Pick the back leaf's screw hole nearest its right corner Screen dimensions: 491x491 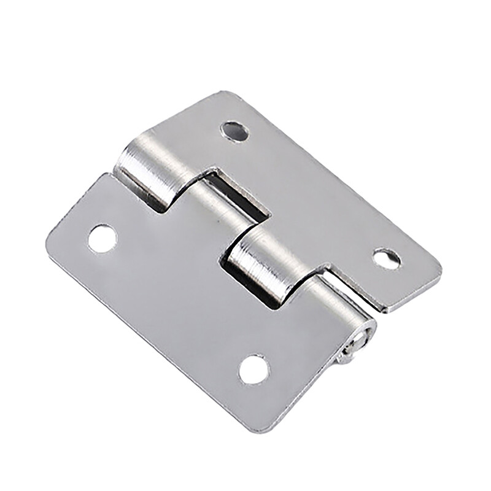(x=387, y=258)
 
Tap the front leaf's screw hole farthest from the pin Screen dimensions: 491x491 (x=102, y=239)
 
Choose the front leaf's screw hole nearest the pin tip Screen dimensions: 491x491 (x=253, y=369)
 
